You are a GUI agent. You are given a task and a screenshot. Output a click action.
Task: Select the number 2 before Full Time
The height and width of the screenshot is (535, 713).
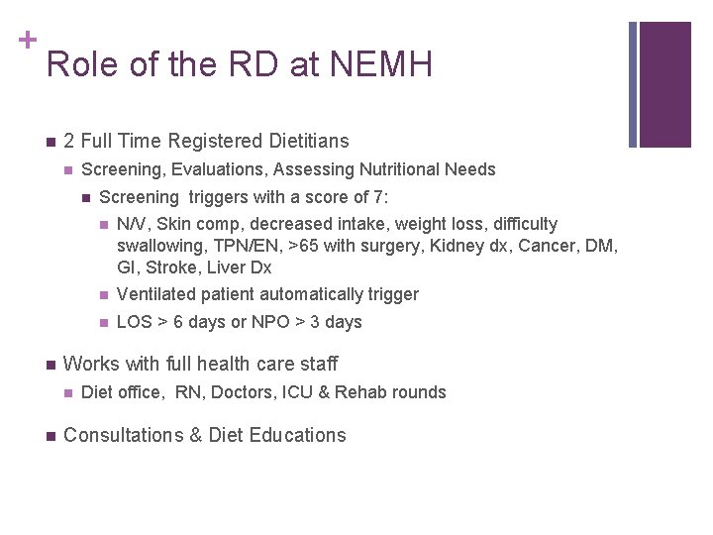[68, 142]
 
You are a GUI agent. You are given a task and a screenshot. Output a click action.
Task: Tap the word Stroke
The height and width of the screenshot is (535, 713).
[168, 267]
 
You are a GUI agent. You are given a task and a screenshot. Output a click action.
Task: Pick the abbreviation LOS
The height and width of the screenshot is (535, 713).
[133, 322]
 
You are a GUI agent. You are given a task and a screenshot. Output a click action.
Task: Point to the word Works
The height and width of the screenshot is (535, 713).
[90, 364]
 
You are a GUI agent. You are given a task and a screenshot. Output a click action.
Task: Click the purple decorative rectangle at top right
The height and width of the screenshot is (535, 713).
[664, 84]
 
